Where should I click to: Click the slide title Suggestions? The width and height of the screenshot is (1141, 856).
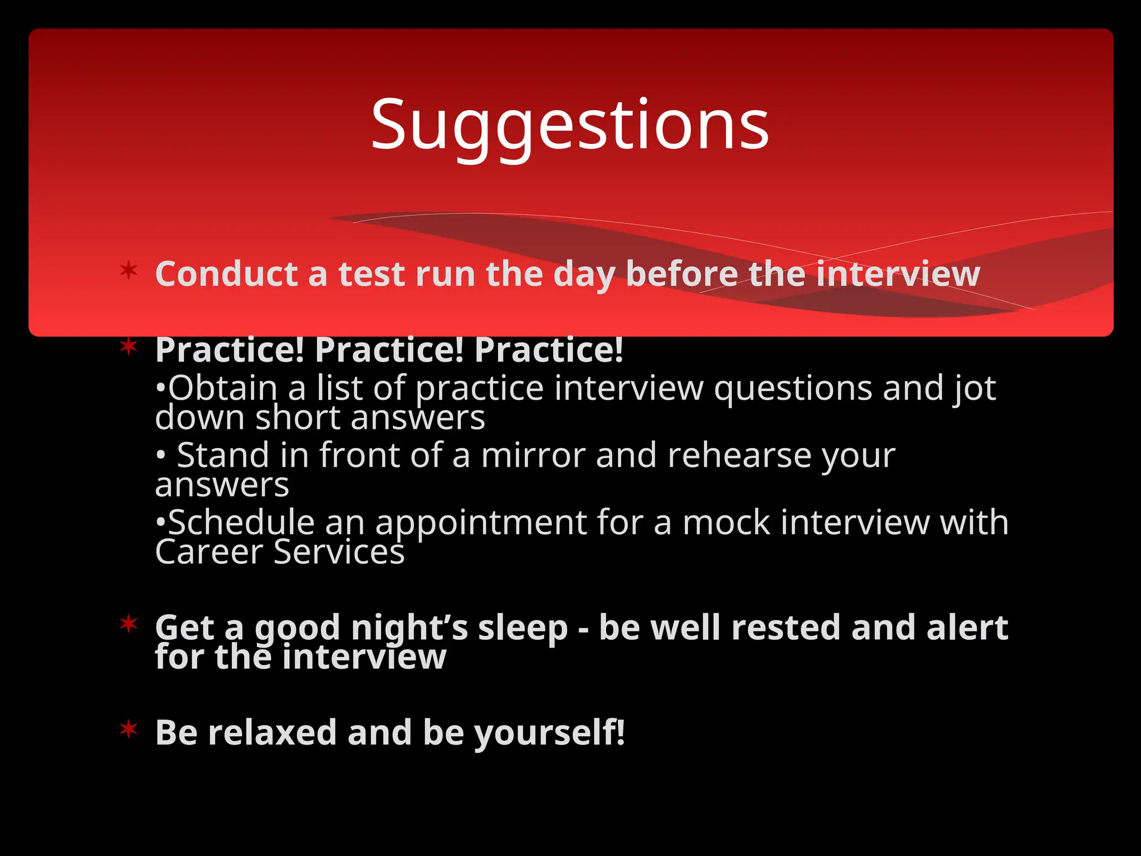pos(570,125)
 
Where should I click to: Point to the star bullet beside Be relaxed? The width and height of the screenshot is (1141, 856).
pos(129,728)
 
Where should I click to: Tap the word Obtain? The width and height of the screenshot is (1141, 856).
pos(223,388)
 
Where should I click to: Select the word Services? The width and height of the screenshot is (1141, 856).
pos(339,552)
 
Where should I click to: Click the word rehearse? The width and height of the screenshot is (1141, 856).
pos(739,455)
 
